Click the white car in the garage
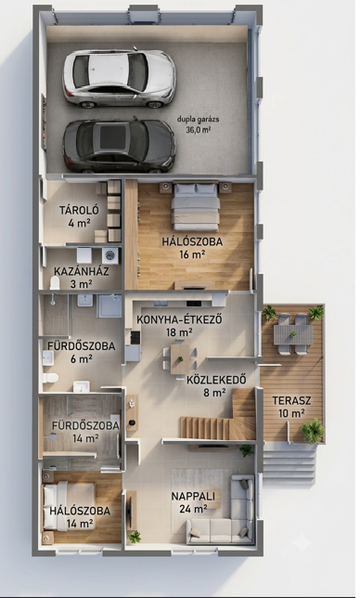[x=119, y=78]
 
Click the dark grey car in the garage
[x=119, y=146]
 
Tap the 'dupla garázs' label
[x=199, y=120]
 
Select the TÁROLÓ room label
[x=79, y=210]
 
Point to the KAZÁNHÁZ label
[x=81, y=271]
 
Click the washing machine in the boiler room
[x=110, y=255]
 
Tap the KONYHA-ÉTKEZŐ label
[x=179, y=319]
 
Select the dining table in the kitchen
[x=180, y=358]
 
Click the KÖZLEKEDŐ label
[x=216, y=380]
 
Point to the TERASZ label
[x=291, y=400]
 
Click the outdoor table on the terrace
[x=293, y=334]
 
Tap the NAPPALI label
[x=193, y=496]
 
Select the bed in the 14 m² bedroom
[x=69, y=506]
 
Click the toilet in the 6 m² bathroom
[x=50, y=378]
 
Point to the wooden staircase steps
[x=206, y=427]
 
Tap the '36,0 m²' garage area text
[x=199, y=129]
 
